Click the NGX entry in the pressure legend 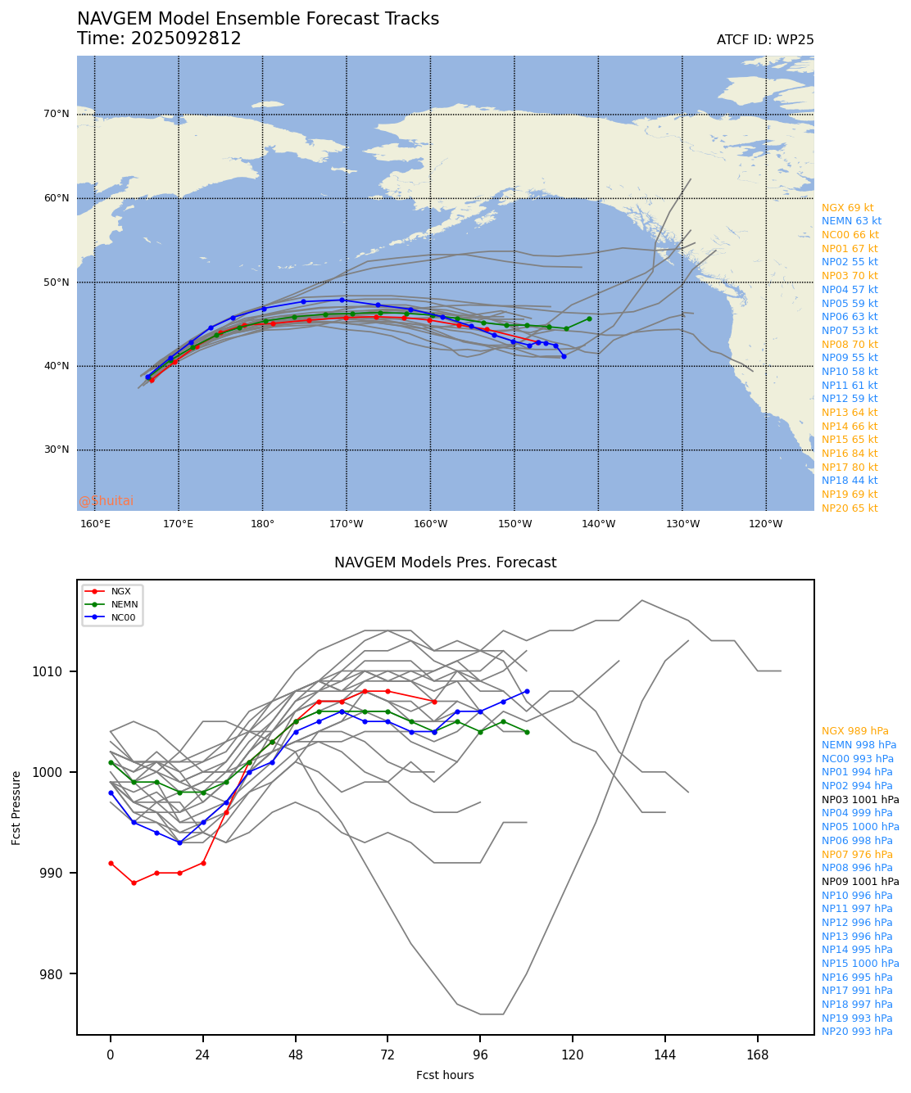coord(120,591)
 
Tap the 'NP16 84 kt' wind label coord(850,454)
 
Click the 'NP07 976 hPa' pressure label coord(857,854)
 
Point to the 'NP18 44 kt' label coord(850,481)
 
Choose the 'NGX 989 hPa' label coord(854,731)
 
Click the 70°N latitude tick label coord(57,114)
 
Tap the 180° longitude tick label coord(262,524)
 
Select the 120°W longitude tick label coord(765,524)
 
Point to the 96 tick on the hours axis coord(480,1055)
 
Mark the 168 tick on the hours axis coord(758,1055)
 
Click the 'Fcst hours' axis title coord(445,1075)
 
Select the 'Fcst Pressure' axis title coord(16,807)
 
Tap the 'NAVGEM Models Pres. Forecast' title coord(445,562)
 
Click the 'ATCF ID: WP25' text coord(765,40)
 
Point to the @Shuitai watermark coord(106,501)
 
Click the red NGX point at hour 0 coord(111,863)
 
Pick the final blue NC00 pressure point coord(527,691)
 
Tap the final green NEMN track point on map coord(589,318)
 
